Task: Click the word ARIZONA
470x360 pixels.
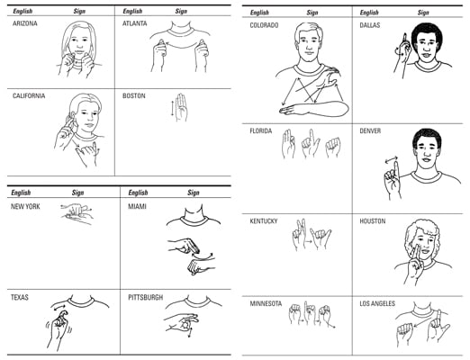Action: coord(25,23)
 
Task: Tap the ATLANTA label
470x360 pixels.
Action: coord(135,23)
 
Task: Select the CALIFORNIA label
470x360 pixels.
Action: coord(29,96)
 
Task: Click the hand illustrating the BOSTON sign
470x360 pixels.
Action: coord(181,107)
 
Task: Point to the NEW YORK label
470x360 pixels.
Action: coord(25,207)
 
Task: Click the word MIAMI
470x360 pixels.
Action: coord(137,207)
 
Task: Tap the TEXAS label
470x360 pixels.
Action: coord(20,298)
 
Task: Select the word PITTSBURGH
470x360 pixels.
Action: coord(146,298)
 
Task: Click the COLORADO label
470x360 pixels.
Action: coord(264,25)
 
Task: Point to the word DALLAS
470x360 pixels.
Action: coord(370,25)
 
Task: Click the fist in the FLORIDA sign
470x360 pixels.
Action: coord(333,147)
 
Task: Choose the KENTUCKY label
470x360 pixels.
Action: coord(264,221)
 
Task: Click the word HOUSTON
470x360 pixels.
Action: coord(373,221)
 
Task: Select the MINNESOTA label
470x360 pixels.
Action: coord(266,303)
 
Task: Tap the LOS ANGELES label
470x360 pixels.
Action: coord(377,303)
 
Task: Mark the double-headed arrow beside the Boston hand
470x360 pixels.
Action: coord(172,109)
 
